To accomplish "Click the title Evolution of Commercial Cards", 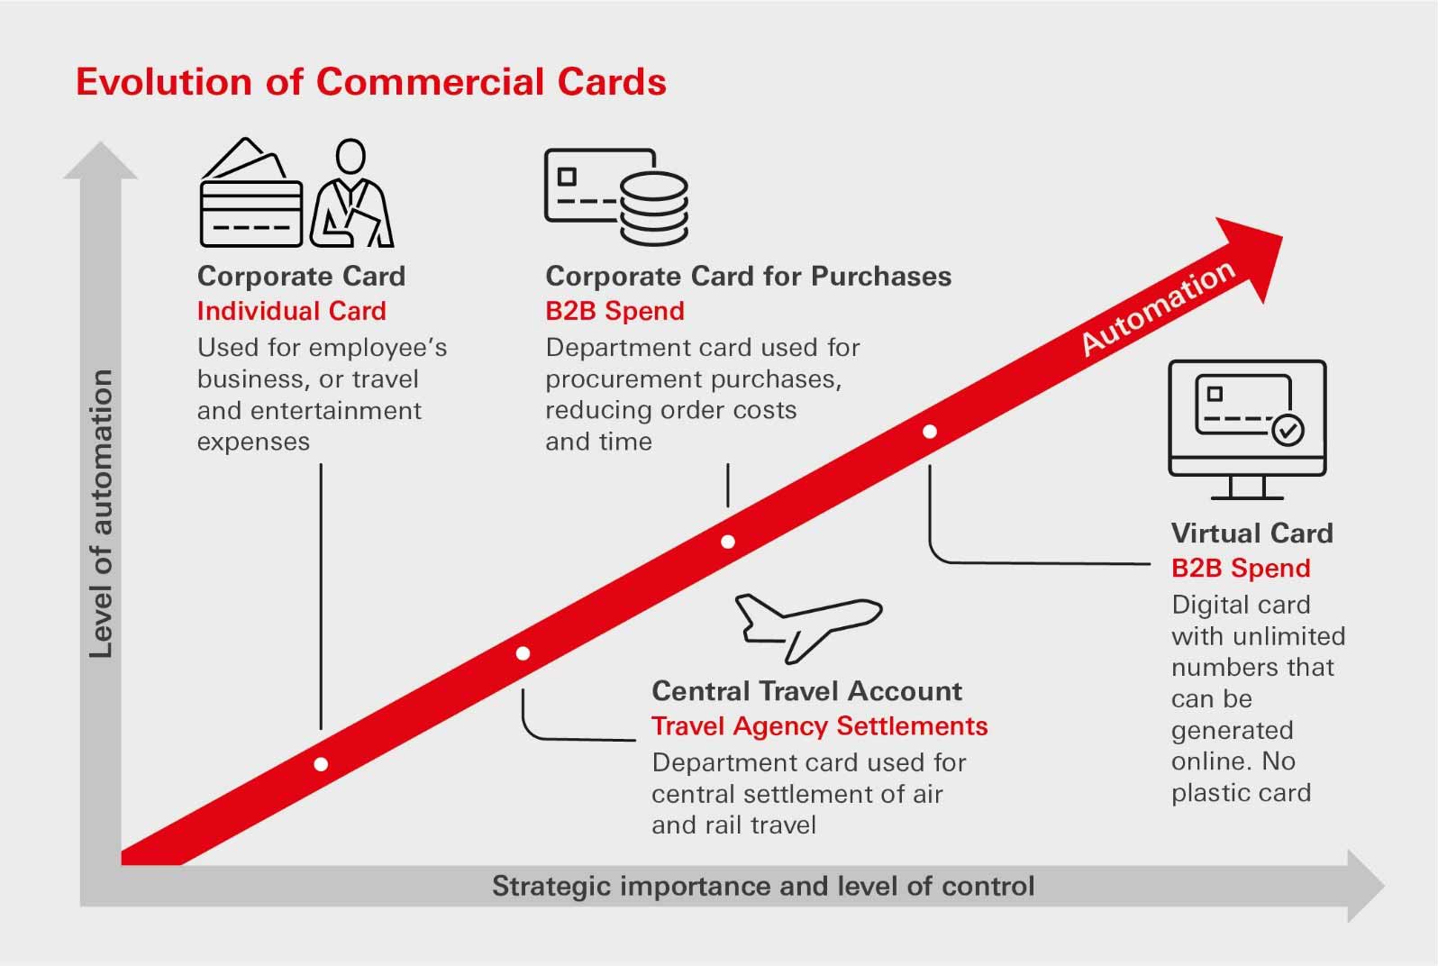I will pos(370,82).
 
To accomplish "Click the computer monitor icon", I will pos(1247,428).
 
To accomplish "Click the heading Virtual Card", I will pos(1251,533).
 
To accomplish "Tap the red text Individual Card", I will pos(291,311).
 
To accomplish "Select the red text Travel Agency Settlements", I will pos(819,726).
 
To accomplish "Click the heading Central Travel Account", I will pos(806,691).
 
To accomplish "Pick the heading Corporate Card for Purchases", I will pos(748,276).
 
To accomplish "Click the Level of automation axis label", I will pos(101,514).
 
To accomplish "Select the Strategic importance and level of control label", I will pos(762,887).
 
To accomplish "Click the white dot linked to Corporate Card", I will pos(321,764).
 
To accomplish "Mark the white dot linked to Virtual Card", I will pos(930,432).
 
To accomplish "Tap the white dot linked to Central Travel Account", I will pos(523,653).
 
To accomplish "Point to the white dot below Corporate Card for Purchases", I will pos(728,542).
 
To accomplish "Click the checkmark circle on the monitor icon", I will pos(1288,431).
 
